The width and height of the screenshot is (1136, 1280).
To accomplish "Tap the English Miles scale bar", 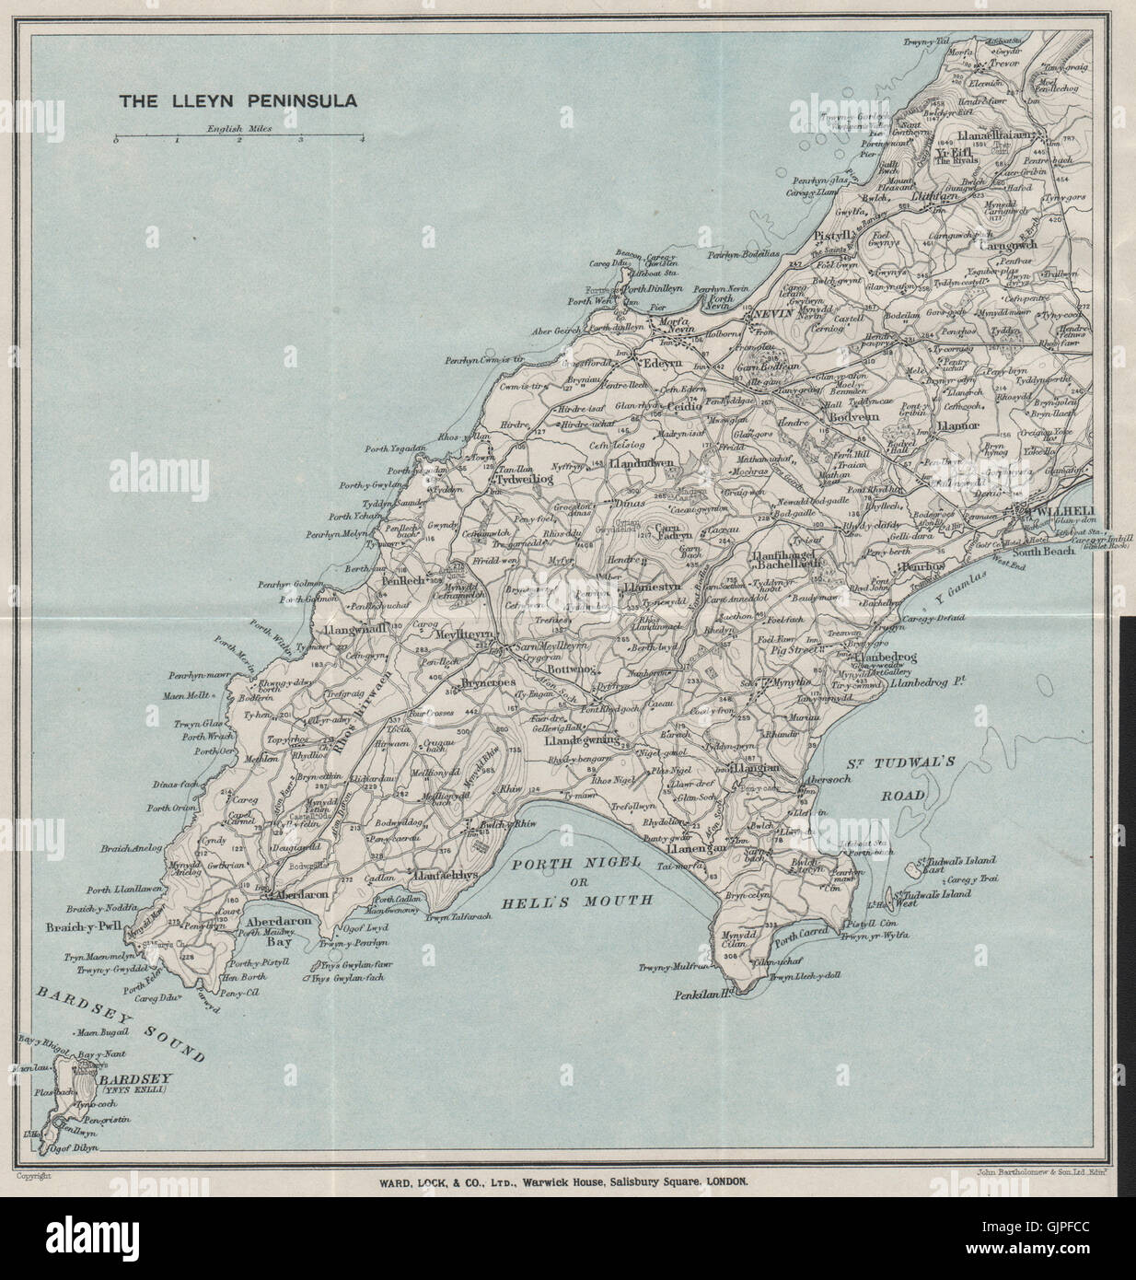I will point(239,138).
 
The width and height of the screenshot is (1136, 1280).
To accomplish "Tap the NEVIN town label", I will point(772,314).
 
